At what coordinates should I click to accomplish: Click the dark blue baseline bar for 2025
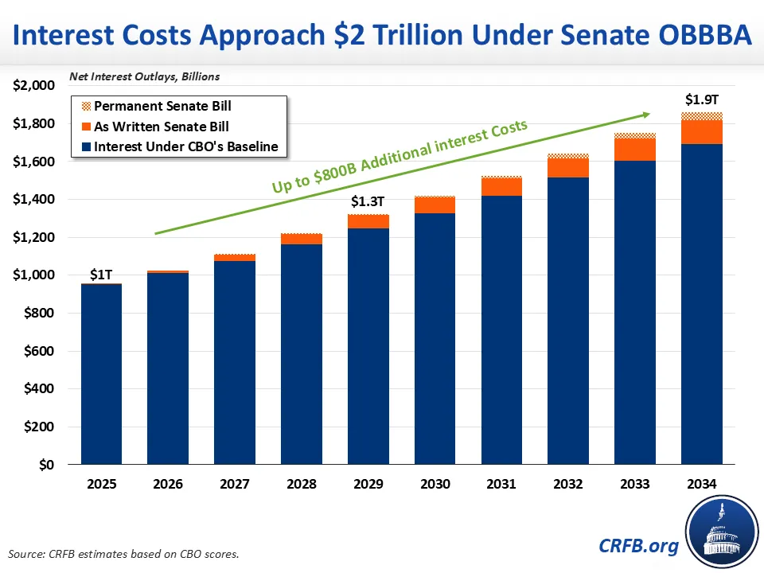[x=102, y=374]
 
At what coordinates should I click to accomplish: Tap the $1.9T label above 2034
[x=702, y=100]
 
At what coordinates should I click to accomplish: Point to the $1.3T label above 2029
[x=368, y=202]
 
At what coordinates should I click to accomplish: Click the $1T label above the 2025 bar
[x=101, y=274]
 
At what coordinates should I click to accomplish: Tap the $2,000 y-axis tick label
[x=33, y=86]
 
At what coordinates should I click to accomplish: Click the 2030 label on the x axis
[x=435, y=484]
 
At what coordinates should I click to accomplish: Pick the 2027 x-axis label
[x=235, y=484]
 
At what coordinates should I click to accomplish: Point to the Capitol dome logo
[x=720, y=530]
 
